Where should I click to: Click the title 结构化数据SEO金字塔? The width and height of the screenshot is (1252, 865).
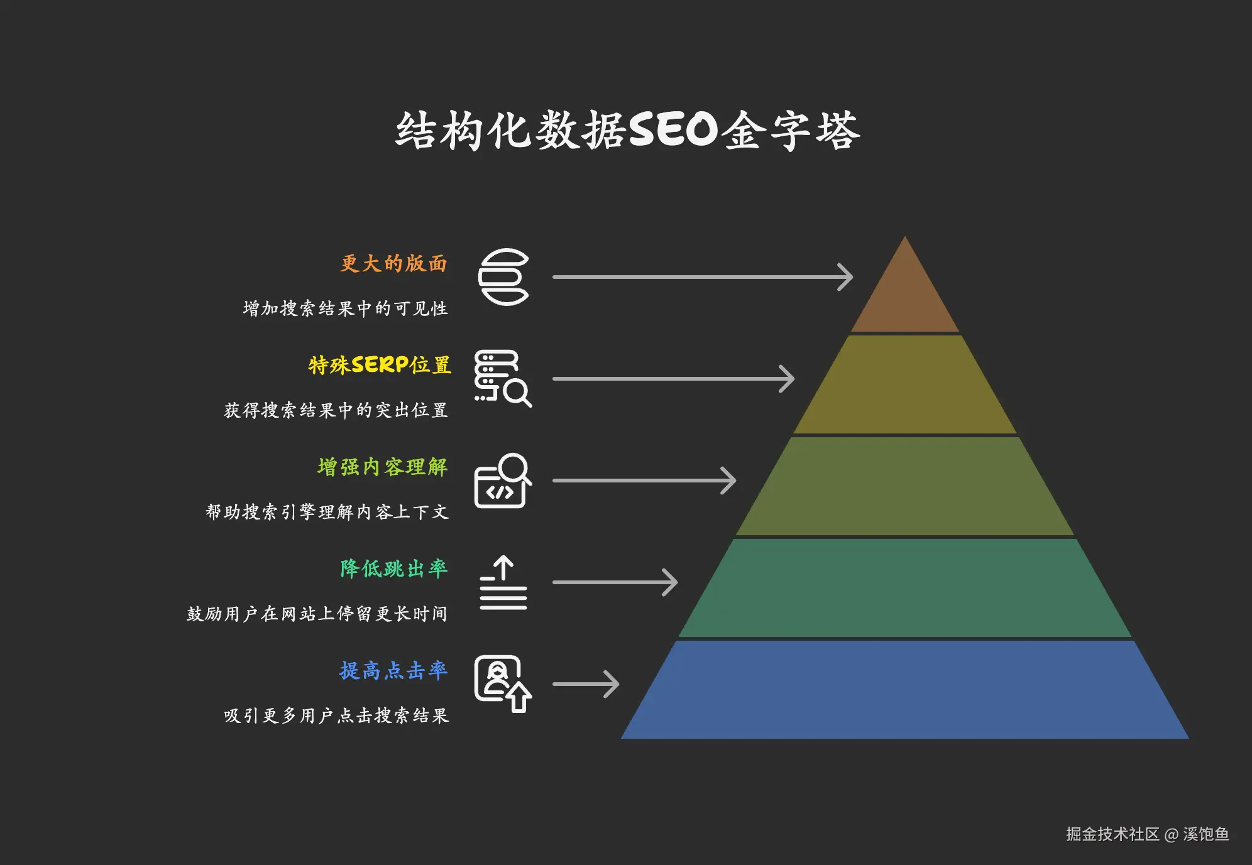[627, 131]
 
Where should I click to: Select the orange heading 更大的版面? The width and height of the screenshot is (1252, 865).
[394, 263]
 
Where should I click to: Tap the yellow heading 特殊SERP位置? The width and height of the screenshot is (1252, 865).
[380, 365]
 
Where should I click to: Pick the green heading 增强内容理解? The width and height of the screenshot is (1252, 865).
[383, 467]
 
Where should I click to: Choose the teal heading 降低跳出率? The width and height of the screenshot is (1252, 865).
[394, 569]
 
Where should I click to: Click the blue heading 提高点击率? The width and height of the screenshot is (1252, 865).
[394, 670]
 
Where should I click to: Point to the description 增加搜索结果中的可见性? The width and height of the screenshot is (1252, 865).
[346, 308]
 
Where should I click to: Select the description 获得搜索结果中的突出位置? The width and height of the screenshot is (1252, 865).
[336, 410]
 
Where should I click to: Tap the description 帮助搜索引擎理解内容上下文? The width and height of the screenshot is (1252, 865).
[327, 512]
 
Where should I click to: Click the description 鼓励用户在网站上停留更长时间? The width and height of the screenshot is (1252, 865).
[317, 614]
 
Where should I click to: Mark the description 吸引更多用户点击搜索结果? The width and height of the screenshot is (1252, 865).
[336, 715]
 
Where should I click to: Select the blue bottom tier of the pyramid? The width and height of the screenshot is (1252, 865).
[905, 690]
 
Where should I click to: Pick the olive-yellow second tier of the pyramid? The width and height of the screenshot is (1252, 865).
[905, 384]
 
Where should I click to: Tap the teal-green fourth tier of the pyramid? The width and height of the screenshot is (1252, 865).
[905, 588]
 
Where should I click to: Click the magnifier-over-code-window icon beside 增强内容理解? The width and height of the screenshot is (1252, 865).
[503, 481]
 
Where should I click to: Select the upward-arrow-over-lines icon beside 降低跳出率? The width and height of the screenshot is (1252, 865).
[503, 582]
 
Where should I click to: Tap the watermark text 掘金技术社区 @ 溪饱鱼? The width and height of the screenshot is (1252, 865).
[1147, 834]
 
